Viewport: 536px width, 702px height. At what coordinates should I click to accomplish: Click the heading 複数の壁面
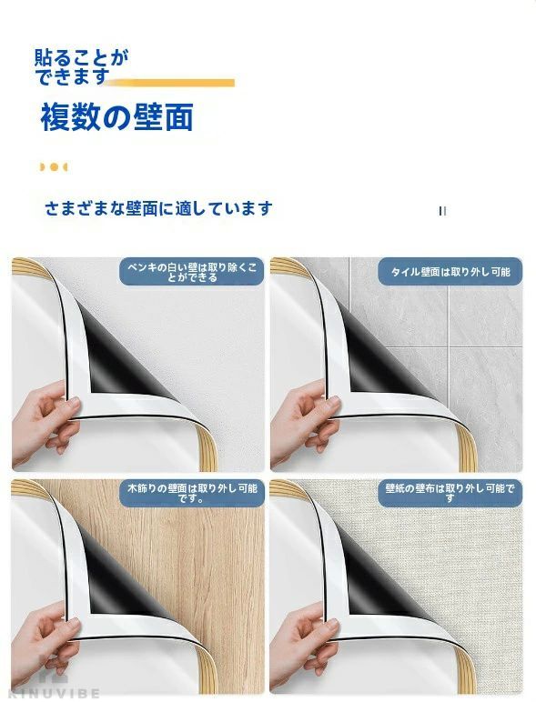pyautogui.click(x=116, y=117)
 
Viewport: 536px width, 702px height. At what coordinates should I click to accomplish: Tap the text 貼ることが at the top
pyautogui.click(x=81, y=58)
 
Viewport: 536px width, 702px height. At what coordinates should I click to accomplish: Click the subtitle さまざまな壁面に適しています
pyautogui.click(x=158, y=208)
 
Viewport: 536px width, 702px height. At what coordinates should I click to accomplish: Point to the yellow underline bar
pyautogui.click(x=170, y=83)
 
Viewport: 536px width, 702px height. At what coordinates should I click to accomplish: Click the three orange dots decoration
pyautogui.click(x=54, y=167)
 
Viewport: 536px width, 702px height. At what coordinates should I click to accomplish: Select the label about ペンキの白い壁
pyautogui.click(x=192, y=272)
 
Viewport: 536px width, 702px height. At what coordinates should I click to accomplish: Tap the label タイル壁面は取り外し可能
pyautogui.click(x=450, y=272)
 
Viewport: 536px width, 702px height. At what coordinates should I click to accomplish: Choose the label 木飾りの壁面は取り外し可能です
pyautogui.click(x=192, y=493)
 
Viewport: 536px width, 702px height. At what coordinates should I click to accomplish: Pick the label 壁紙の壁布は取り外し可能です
pyautogui.click(x=450, y=493)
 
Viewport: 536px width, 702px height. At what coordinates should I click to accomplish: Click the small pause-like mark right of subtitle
pyautogui.click(x=442, y=210)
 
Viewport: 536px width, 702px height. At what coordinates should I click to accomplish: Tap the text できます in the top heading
pyautogui.click(x=72, y=77)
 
